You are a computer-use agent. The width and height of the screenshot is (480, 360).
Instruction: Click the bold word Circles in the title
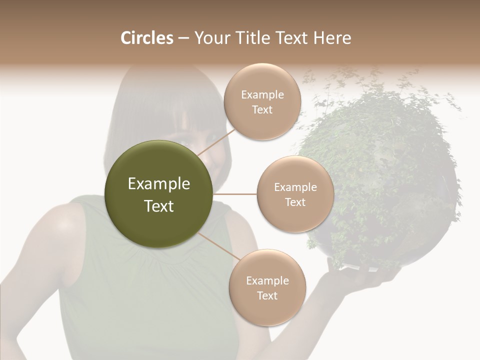tap(146, 38)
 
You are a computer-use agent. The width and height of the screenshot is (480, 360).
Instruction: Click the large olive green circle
tap(159, 194)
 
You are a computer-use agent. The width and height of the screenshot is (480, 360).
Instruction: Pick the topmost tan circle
tap(262, 102)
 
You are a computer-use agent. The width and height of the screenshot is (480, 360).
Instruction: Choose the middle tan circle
tap(295, 194)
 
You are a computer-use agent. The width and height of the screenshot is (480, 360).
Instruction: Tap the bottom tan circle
tap(267, 287)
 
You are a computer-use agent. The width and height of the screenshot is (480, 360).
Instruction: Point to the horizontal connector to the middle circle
tap(235, 194)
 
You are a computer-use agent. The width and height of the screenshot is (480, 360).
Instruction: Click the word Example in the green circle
tap(159, 184)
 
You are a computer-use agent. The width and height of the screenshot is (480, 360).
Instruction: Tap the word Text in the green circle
tap(159, 206)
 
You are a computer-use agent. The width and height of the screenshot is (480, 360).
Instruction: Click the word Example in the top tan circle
tap(262, 94)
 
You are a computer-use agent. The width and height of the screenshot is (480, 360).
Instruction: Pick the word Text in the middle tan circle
tap(295, 202)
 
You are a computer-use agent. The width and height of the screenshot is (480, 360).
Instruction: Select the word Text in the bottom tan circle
tap(267, 295)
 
